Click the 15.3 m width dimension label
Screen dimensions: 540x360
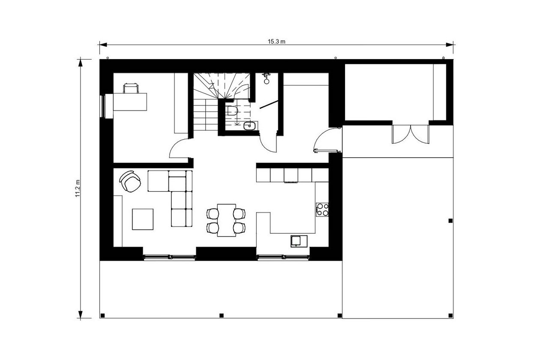[276, 42]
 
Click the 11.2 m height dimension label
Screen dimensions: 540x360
[78, 188]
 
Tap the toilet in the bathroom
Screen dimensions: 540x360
[232, 111]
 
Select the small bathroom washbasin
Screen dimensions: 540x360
[249, 126]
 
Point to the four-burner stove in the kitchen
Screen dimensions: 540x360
[322, 210]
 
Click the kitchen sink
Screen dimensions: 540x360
[299, 241]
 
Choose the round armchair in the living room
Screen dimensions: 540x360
[130, 181]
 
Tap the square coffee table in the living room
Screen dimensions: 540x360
[142, 219]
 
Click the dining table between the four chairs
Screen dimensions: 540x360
[226, 220]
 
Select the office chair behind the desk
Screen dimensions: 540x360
[131, 88]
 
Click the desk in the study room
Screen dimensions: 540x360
[130, 102]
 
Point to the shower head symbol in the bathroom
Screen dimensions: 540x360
[267, 78]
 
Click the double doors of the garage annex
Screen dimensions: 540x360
[411, 134]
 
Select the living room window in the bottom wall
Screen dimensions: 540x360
[169, 257]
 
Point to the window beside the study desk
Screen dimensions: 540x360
[102, 106]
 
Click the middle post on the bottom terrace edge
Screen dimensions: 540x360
[222, 315]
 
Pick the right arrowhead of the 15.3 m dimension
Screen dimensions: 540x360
[449, 45]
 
